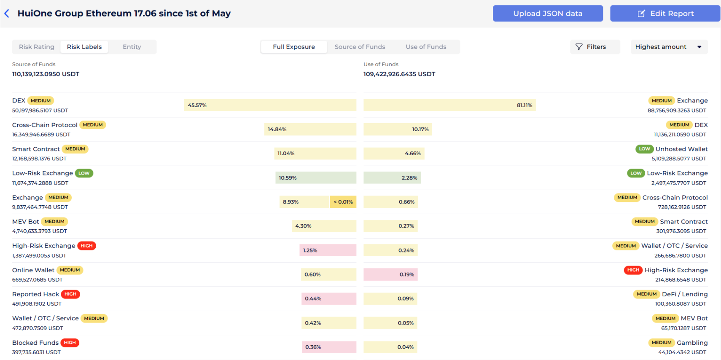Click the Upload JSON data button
pyautogui.click(x=547, y=13)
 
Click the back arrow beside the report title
pyautogui.click(x=7, y=13)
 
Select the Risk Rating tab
pyautogui.click(x=37, y=47)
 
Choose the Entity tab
pyautogui.click(x=132, y=47)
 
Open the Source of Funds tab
pyautogui.click(x=360, y=47)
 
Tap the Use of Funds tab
pyautogui.click(x=426, y=47)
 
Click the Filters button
pyautogui.click(x=595, y=47)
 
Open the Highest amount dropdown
pyautogui.click(x=668, y=47)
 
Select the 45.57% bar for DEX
pyautogui.click(x=270, y=105)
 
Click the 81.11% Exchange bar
pyautogui.click(x=449, y=105)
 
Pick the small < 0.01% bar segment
pyautogui.click(x=343, y=202)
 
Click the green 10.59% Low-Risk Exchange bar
pyautogui.click(x=316, y=178)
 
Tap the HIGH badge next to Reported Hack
pyautogui.click(x=70, y=294)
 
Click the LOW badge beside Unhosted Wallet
pyautogui.click(x=644, y=149)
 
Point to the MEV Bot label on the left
pyautogui.click(x=26, y=222)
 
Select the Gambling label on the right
pyautogui.click(x=692, y=343)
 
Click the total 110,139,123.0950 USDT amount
pyautogui.click(x=46, y=74)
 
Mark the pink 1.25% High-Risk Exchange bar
pyautogui.click(x=328, y=250)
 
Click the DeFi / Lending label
pyautogui.click(x=684, y=294)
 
